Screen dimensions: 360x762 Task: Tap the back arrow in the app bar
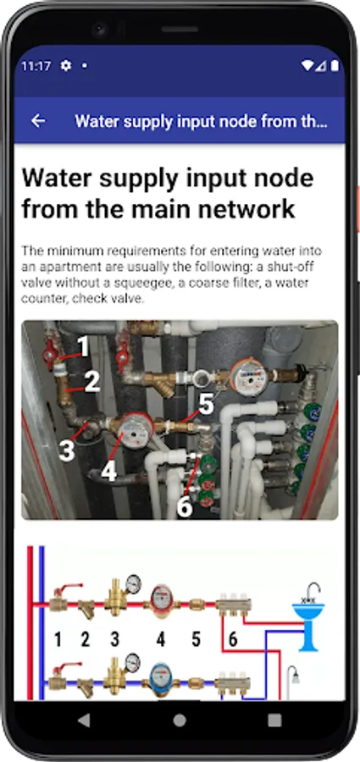pos(38,121)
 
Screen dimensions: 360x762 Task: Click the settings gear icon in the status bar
pos(66,65)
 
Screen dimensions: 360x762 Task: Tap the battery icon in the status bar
pos(335,65)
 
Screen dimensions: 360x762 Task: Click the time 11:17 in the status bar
pos(36,66)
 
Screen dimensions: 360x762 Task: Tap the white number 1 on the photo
pos(83,347)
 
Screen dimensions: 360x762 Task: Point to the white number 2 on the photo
pos(92,383)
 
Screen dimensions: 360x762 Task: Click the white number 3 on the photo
pos(67,450)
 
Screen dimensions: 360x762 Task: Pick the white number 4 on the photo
pos(109,471)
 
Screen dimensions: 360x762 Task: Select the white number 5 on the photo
pos(207,405)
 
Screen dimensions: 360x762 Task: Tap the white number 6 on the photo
pos(185,506)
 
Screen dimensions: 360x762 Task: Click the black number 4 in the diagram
pos(161,639)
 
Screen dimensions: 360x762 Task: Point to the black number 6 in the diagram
pos(233,639)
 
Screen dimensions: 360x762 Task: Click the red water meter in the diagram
pos(162,601)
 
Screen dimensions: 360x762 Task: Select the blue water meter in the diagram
pos(161,678)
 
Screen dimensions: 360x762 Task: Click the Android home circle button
pos(180,720)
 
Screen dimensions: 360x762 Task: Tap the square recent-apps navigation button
pos(274,720)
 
